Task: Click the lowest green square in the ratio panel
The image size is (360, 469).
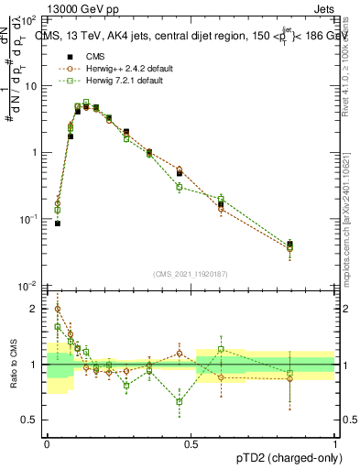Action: pyautogui.click(x=180, y=401)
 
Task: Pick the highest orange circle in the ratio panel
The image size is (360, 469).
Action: pyautogui.click(x=58, y=309)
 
